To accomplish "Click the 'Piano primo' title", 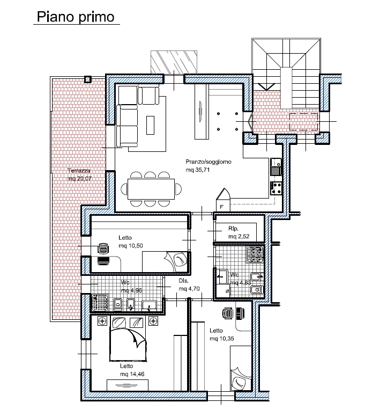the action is click(76, 17).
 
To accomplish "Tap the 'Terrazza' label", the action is click(79, 171).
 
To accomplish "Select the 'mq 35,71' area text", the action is click(198, 170).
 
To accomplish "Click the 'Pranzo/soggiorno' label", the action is click(208, 162).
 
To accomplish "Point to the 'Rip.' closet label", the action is click(233, 229).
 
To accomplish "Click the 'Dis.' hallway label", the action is click(183, 281).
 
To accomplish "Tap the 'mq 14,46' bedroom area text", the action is click(132, 374).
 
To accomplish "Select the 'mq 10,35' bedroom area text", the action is click(222, 339).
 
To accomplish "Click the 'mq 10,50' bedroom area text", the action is click(131, 246).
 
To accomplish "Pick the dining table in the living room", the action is click(151, 189).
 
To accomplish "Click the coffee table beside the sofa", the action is click(150, 125).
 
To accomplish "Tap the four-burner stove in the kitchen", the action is click(277, 188).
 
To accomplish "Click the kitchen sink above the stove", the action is click(277, 167).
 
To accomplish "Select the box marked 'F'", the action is click(223, 200).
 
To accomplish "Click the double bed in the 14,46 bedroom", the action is click(128, 339).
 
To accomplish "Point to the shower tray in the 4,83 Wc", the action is click(255, 254).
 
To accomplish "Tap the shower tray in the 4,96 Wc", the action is click(100, 303).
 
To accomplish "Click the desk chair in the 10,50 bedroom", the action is click(103, 249).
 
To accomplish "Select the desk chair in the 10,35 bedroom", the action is click(228, 313).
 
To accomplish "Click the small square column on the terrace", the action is click(88, 79).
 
